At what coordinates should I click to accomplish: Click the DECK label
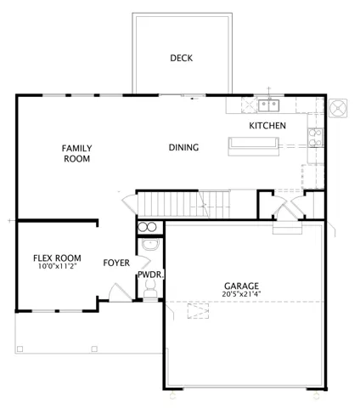click(x=182, y=58)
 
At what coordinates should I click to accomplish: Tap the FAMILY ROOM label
click(x=77, y=153)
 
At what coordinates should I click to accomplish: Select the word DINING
click(x=183, y=147)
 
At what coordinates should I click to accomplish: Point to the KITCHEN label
click(x=267, y=126)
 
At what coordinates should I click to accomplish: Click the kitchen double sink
click(x=268, y=105)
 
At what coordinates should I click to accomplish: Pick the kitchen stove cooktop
click(x=316, y=138)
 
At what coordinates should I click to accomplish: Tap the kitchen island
click(x=254, y=146)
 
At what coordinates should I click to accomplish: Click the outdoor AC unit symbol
click(x=338, y=108)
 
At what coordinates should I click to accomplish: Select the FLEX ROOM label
click(x=57, y=258)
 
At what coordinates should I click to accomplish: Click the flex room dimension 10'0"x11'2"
click(x=58, y=266)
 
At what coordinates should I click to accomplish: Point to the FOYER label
click(x=116, y=263)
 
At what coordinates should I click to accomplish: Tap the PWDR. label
click(x=151, y=275)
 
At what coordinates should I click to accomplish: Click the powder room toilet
click(x=150, y=288)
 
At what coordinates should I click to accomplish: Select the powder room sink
click(x=150, y=244)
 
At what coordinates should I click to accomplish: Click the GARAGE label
click(x=241, y=286)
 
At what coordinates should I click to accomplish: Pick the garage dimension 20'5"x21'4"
click(x=241, y=294)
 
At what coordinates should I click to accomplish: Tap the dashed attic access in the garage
click(x=198, y=311)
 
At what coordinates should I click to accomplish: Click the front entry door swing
click(x=120, y=292)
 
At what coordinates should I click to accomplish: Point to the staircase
click(x=183, y=204)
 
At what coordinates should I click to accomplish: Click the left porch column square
click(x=20, y=348)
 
